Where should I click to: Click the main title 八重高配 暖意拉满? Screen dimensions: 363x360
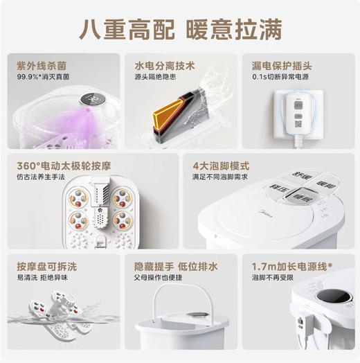[180, 30]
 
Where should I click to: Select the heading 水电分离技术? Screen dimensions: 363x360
[165, 67]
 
